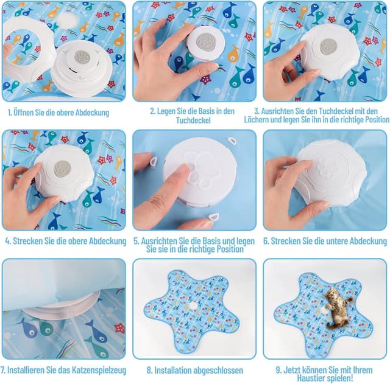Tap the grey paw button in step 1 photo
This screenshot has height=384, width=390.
[81, 57]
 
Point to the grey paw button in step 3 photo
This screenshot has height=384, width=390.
[328, 47]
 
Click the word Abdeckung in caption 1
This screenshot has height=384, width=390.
[92, 113]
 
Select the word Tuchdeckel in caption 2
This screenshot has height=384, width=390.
[193, 120]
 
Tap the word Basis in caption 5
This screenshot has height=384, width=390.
[211, 241]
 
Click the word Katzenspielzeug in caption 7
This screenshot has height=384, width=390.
[99, 370]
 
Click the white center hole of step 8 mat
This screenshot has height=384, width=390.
[193, 305]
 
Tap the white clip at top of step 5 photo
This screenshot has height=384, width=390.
[232, 142]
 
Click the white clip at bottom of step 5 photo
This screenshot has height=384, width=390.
[214, 216]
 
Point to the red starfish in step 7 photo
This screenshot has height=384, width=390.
[119, 328]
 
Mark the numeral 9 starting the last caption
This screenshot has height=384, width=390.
[278, 370]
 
